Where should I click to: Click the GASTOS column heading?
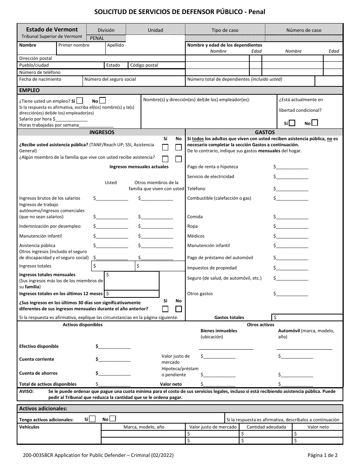point(265,133)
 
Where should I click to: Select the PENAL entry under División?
point(97,38)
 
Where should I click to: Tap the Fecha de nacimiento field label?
point(40,80)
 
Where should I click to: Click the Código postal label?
point(144,65)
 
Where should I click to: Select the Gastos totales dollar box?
point(307,317)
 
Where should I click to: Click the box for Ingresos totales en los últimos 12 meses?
point(132,294)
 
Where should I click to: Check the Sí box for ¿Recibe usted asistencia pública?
point(165,147)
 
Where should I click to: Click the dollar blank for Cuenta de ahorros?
point(114,373)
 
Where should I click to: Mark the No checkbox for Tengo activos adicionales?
point(113,419)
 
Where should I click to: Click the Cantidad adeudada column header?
point(266,427)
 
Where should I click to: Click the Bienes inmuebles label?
point(219,331)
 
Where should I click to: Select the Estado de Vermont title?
point(52,30)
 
